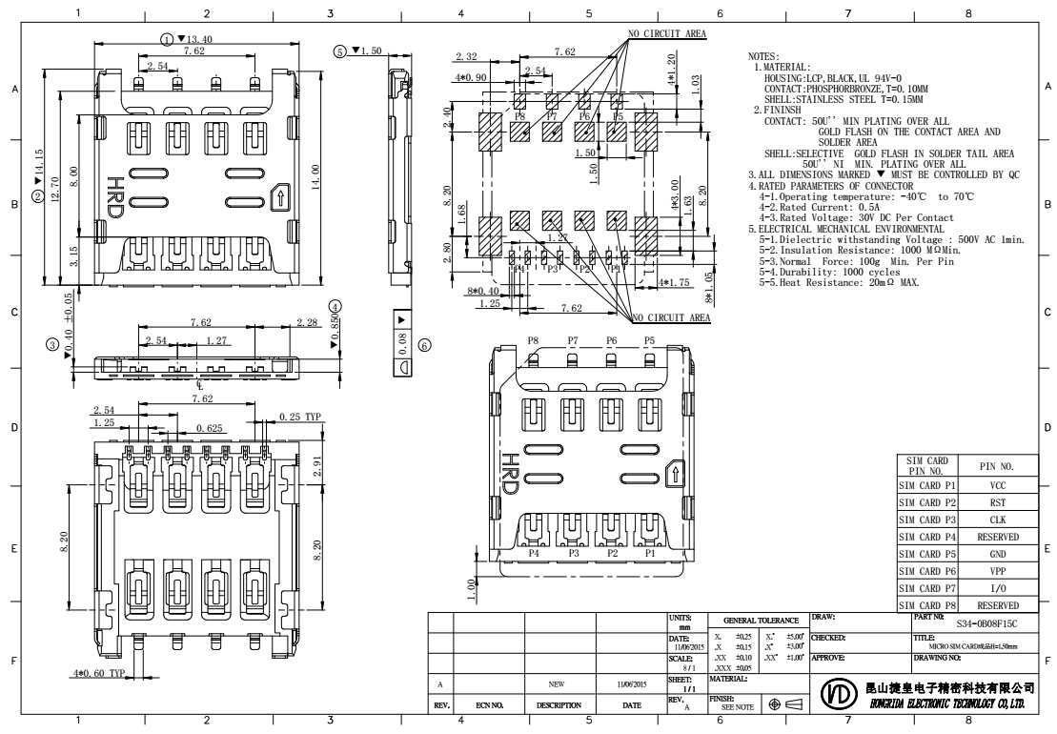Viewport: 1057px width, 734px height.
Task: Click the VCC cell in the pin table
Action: pyautogui.click(x=998, y=485)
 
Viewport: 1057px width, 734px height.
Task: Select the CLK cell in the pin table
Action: pyautogui.click(x=998, y=520)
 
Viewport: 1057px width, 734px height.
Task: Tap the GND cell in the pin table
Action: pyautogui.click(x=998, y=554)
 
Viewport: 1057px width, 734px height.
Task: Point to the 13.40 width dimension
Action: pyautogui.click(x=193, y=39)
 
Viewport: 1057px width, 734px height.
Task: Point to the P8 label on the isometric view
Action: pyautogui.click(x=534, y=339)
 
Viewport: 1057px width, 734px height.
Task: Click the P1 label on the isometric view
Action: pyautogui.click(x=651, y=553)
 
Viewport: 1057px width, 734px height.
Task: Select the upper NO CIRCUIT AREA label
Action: pyautogui.click(x=667, y=33)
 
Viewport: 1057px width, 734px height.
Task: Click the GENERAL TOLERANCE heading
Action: pyautogui.click(x=759, y=619)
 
